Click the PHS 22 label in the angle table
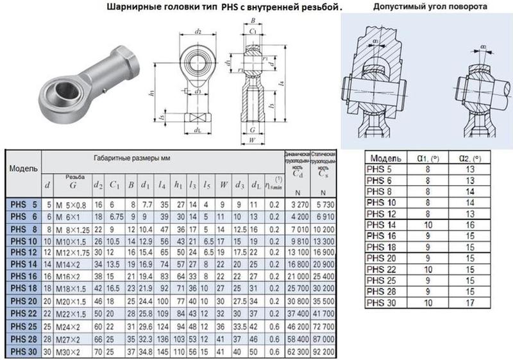tap(383, 266)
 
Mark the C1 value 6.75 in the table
tap(116, 216)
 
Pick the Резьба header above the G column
tap(74, 176)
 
